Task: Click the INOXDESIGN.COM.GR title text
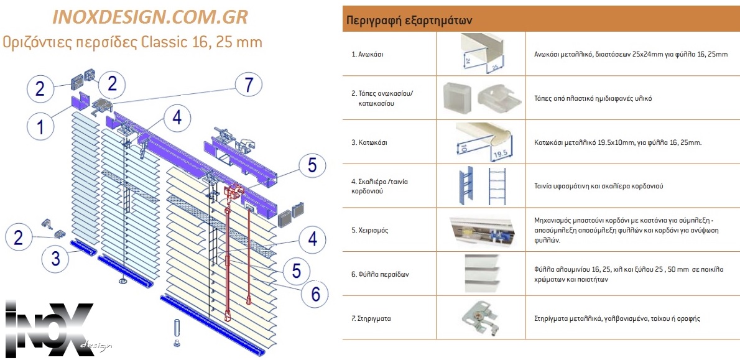[150, 17]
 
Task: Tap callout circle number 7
[249, 85]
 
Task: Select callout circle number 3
[55, 258]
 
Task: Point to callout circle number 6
[315, 294]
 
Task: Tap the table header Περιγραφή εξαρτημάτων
[408, 20]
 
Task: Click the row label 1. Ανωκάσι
[368, 55]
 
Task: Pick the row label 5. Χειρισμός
[370, 230]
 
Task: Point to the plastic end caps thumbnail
[481, 98]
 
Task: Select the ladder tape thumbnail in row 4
[481, 185]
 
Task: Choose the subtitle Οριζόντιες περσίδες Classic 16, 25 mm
[132, 42]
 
